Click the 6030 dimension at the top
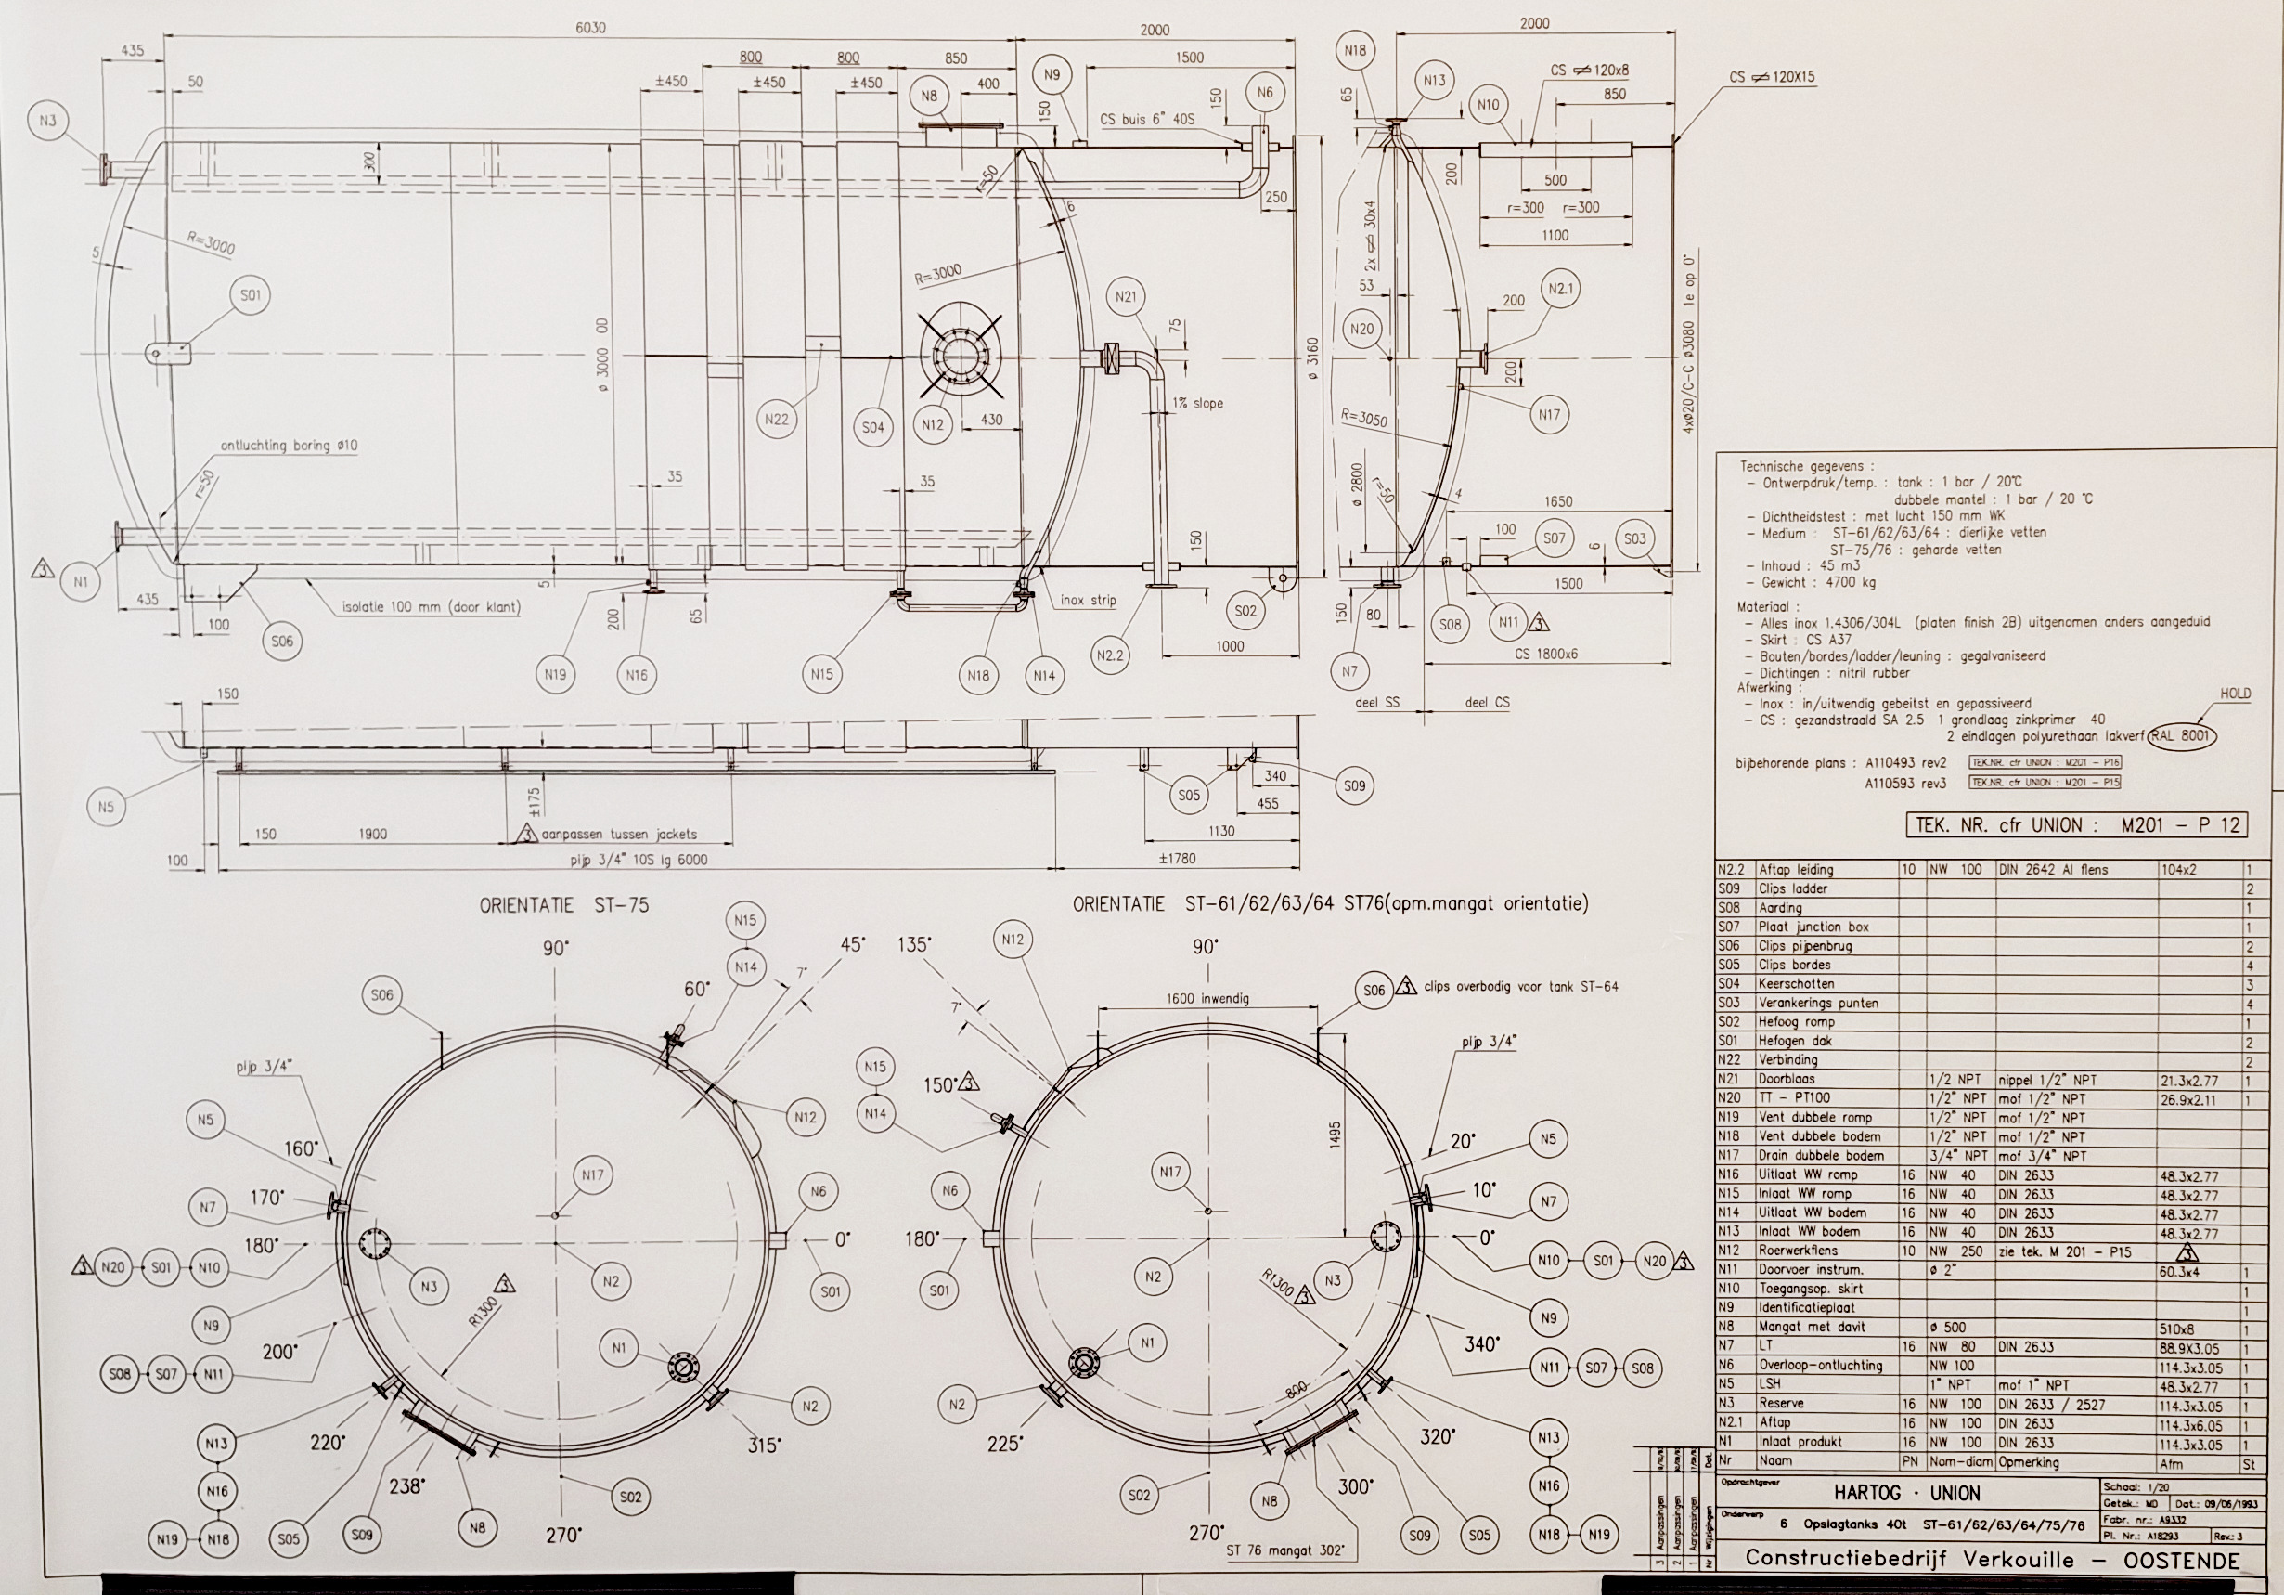590,28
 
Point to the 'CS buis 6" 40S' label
1147,120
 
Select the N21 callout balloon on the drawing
1126,296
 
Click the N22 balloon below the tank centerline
776,419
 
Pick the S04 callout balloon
872,427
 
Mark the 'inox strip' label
1089,600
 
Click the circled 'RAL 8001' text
2183,736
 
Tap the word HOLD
2234,694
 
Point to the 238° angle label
406,1485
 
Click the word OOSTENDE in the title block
2181,1560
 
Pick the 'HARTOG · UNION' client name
1906,1494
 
